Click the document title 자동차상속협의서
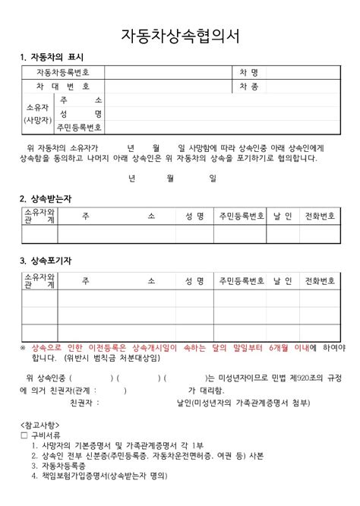[180, 36]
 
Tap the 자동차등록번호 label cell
[63, 72]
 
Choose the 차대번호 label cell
[63, 87]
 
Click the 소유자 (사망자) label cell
[36, 114]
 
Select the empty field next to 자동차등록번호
[166, 72]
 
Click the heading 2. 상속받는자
[46, 198]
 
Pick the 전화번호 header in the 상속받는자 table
[320, 217]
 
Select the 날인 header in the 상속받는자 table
[283, 217]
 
